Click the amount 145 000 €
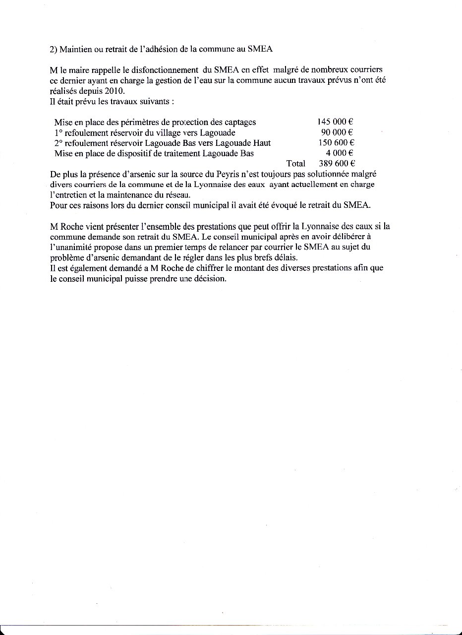pos(335,122)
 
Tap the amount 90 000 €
pos(337,132)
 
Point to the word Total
pos(296,164)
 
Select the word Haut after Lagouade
pos(261,143)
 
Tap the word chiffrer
pos(176,268)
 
